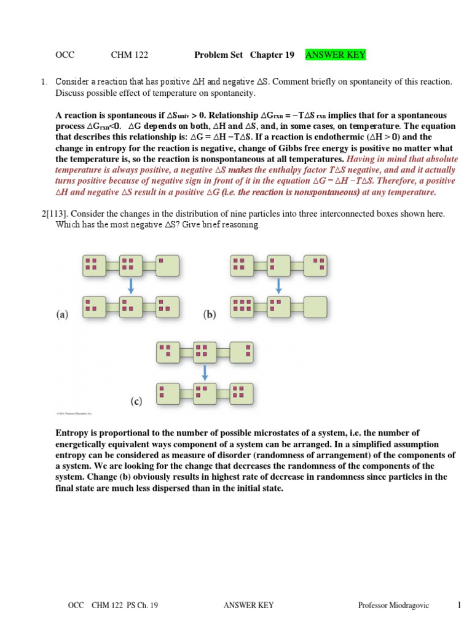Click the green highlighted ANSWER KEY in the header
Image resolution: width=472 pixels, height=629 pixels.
coord(336,55)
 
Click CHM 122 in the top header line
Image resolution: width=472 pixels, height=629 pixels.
coord(127,55)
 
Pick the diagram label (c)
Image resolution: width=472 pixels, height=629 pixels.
coord(136,402)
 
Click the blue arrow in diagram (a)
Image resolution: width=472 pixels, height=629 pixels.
coord(130,286)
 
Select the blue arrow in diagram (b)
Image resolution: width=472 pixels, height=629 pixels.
coord(278,286)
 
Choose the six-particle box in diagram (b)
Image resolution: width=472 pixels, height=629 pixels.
coord(242,305)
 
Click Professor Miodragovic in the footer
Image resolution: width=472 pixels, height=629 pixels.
coord(394,606)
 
